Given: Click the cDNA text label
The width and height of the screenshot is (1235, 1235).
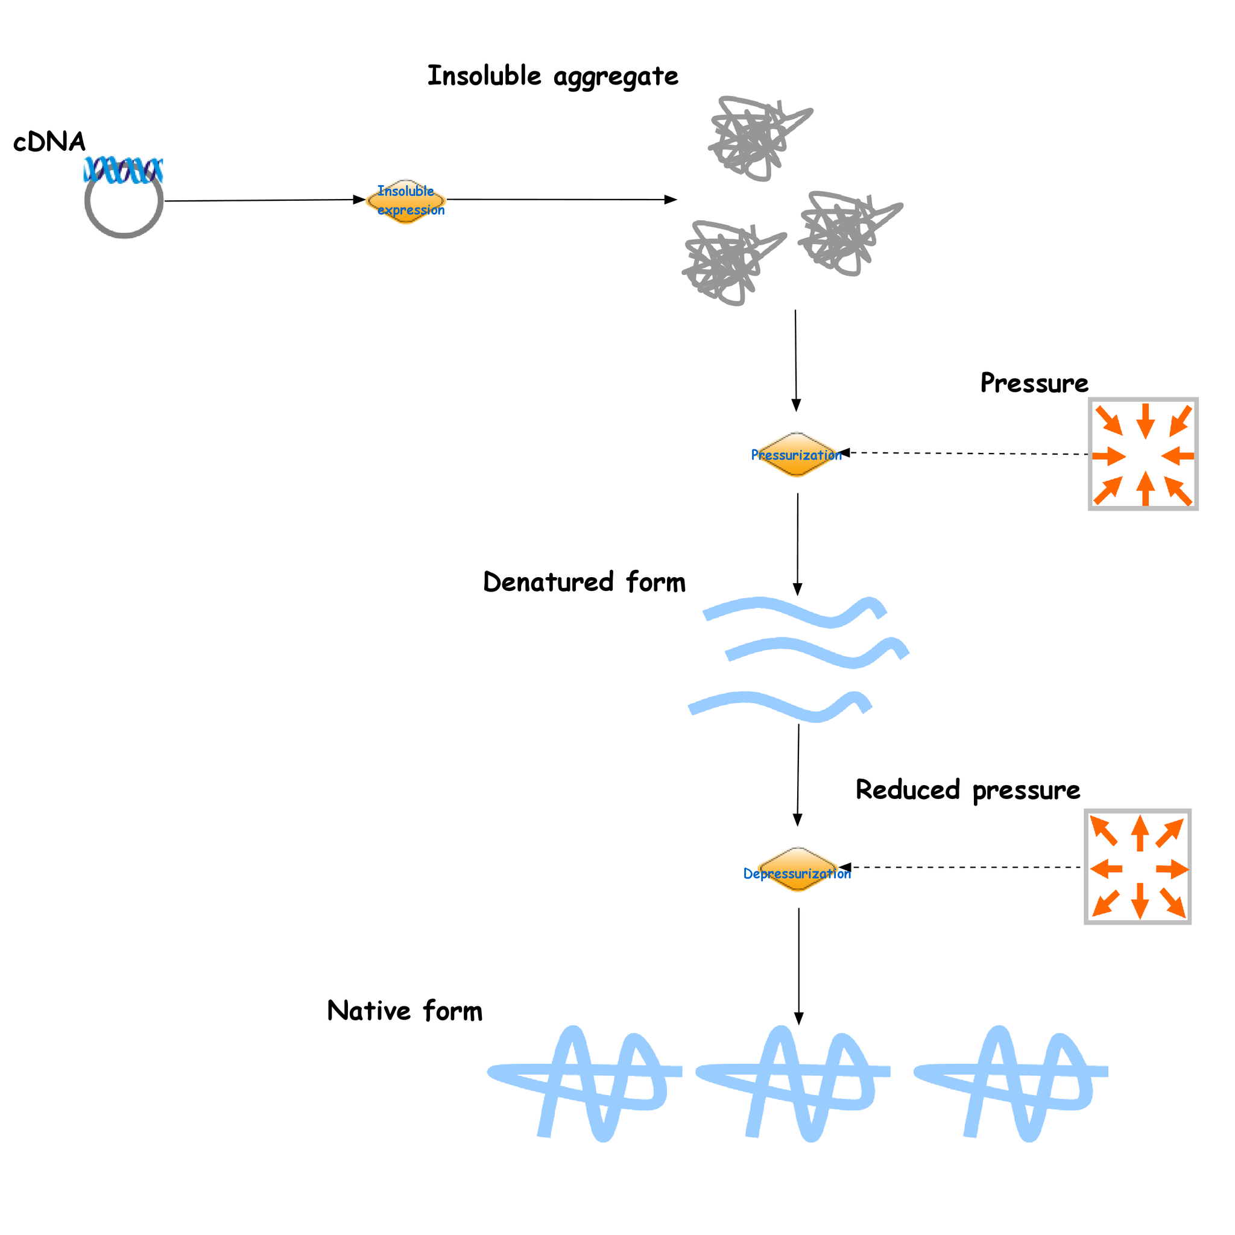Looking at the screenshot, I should pos(49,142).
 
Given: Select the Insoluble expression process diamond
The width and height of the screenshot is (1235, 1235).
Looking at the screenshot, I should pos(406,201).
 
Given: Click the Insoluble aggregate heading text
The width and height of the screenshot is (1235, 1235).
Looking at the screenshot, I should pos(552,76).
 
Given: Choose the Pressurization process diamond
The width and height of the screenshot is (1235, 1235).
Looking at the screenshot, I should pos(796,455).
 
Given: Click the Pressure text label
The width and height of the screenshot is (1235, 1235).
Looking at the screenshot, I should pos(1034,384).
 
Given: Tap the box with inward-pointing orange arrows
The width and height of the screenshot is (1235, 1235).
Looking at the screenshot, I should pos(1143,454).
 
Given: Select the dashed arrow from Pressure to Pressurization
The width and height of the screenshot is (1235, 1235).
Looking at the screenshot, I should pos(965,453).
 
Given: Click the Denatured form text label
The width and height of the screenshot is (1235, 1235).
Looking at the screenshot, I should pos(584,583).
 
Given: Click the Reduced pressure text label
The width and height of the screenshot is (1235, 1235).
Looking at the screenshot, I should pos(967,790).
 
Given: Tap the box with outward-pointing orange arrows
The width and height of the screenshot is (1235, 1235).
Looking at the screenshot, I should pos(1137,867).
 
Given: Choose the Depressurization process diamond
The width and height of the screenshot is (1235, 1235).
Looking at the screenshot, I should pos(797,870).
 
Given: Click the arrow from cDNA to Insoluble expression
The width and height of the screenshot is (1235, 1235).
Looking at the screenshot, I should pos(262,200).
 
